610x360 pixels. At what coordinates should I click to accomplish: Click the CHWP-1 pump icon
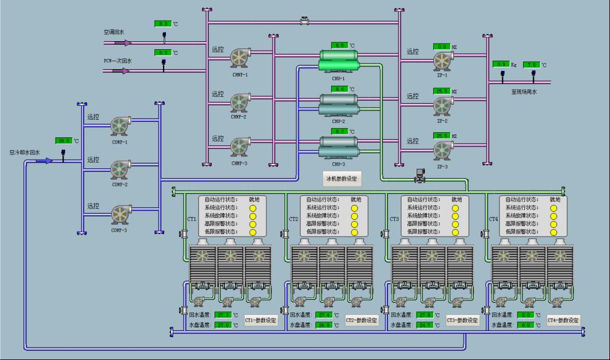(239, 57)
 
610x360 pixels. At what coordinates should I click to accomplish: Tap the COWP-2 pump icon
(121, 169)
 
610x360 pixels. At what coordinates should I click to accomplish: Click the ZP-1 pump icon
(442, 61)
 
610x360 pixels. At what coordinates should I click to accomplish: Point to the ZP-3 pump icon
(442, 149)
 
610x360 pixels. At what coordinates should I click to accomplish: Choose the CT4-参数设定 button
(564, 321)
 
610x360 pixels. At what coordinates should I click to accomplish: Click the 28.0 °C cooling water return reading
(62, 141)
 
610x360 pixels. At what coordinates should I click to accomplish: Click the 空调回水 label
(114, 33)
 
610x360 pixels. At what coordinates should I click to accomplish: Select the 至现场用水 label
(524, 92)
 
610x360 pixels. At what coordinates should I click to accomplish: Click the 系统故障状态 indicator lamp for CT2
(354, 216)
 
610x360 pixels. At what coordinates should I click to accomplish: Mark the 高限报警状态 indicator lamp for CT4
(554, 224)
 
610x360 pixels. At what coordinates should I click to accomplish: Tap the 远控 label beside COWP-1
(93, 117)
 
